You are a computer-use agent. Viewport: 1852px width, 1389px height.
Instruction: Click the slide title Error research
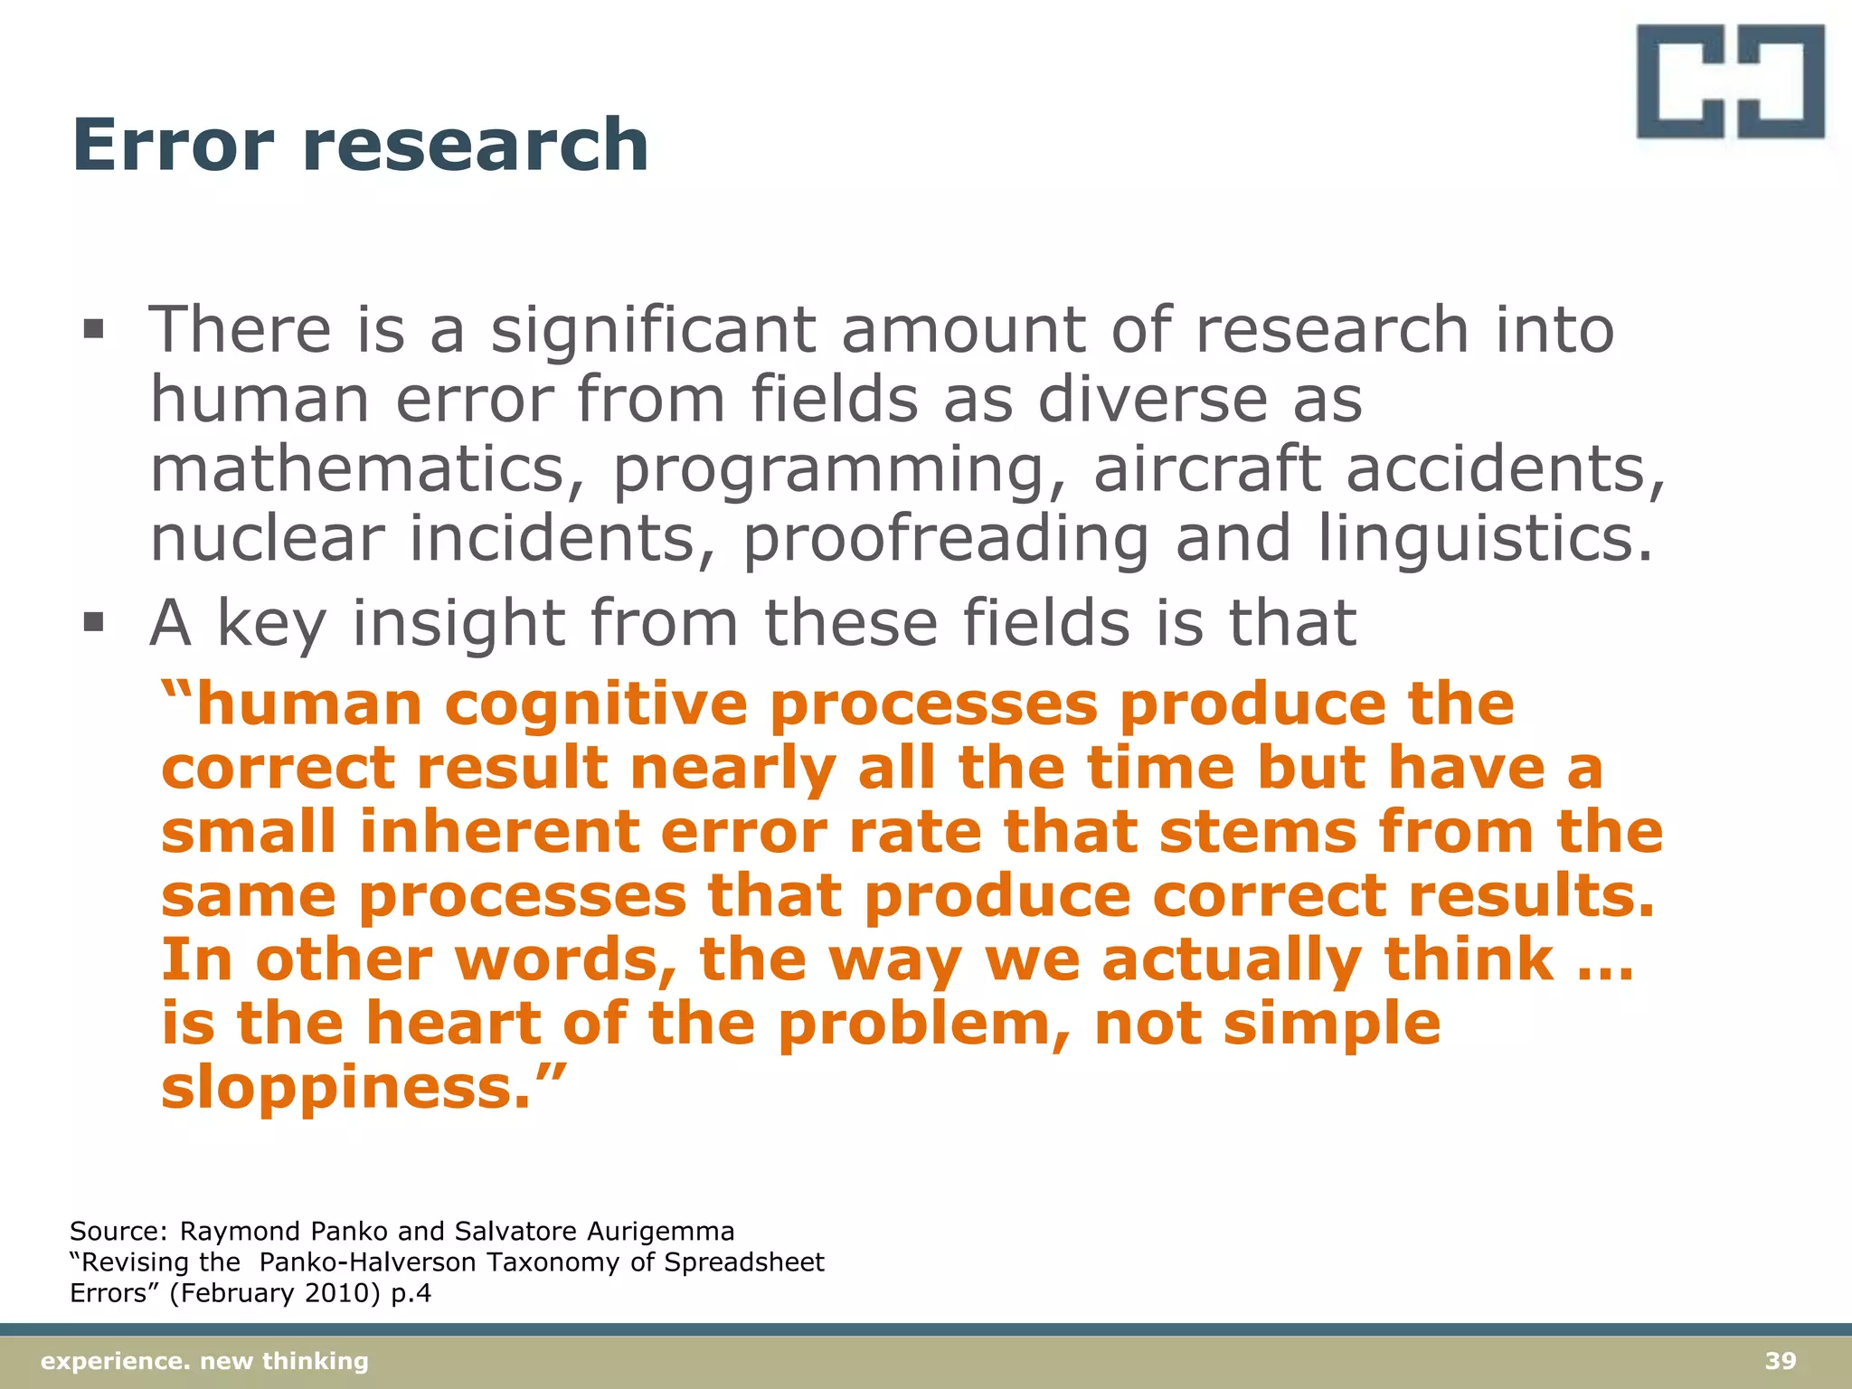[x=360, y=145]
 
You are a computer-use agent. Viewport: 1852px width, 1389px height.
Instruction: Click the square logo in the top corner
[x=1730, y=81]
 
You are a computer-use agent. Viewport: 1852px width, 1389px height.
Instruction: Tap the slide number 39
[x=1780, y=1361]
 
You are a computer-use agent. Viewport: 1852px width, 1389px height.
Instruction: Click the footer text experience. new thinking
[x=205, y=1361]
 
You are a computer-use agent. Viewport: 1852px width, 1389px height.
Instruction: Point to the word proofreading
[x=946, y=539]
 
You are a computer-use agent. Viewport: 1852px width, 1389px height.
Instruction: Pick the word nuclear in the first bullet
[x=267, y=539]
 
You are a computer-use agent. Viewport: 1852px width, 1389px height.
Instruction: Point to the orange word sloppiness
[x=344, y=1087]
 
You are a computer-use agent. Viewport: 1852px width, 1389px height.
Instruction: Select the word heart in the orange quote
[x=452, y=1024]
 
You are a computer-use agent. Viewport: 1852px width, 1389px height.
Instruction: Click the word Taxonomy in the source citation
[x=552, y=1262]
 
